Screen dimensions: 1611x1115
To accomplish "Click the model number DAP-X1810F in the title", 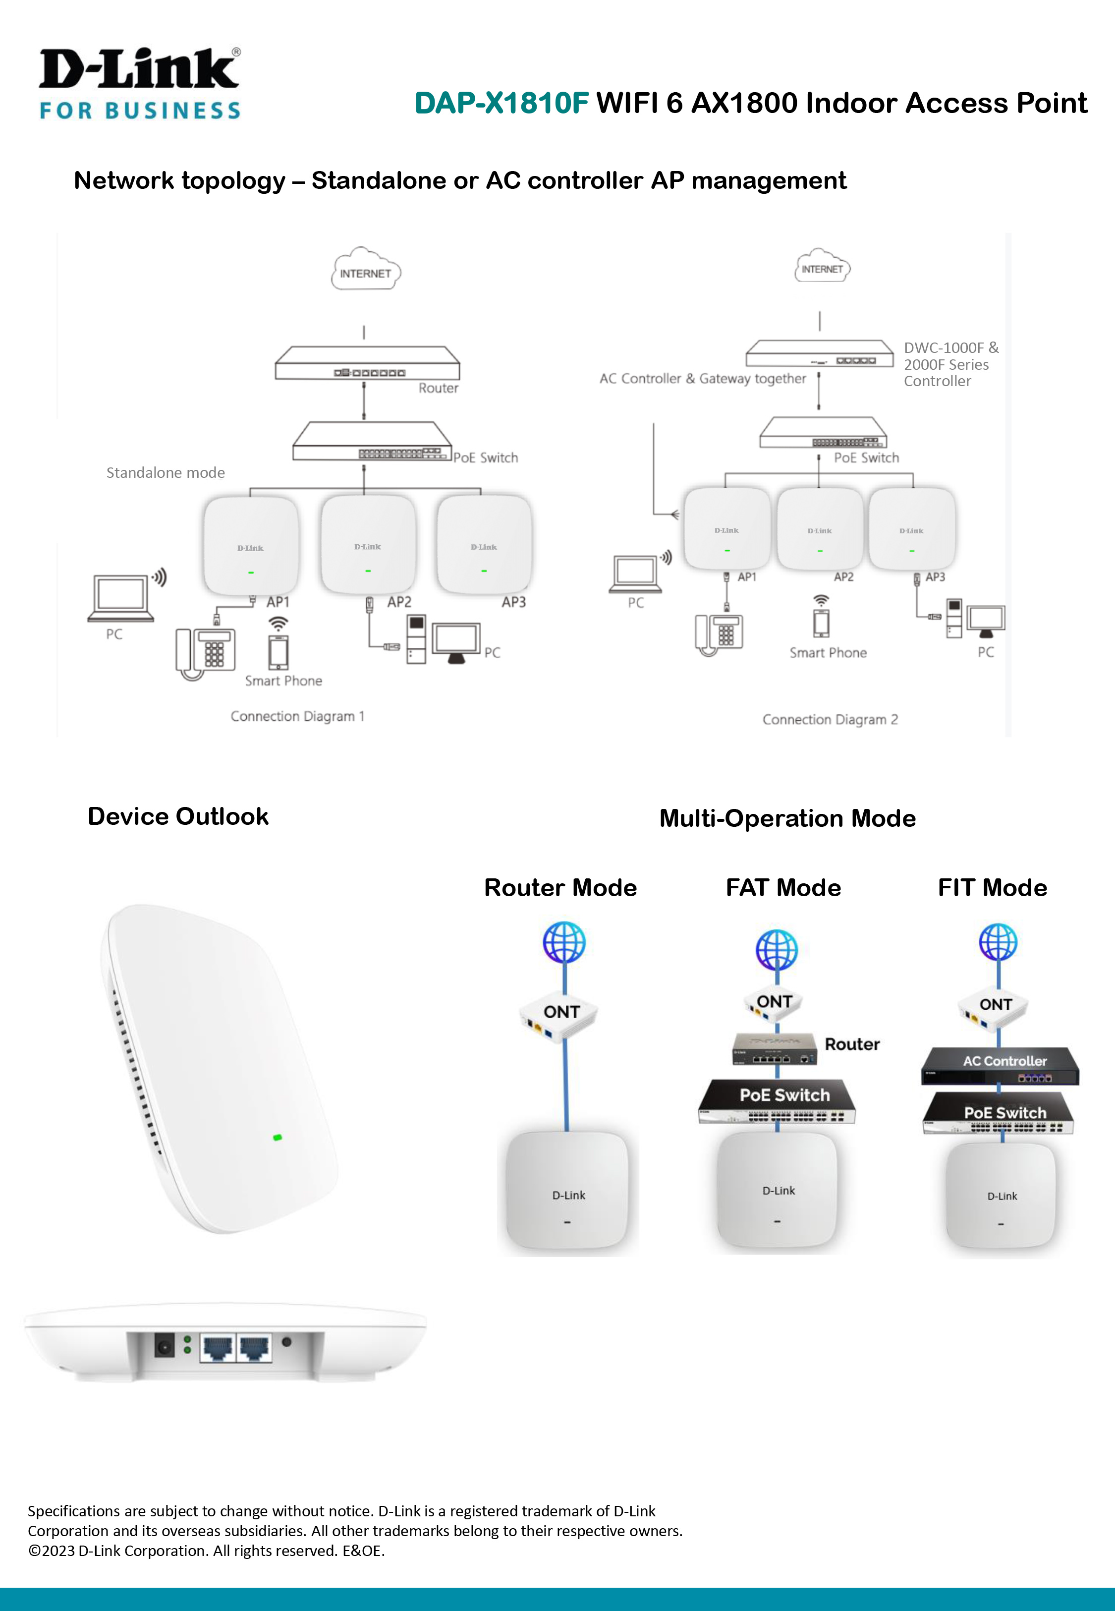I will click(502, 104).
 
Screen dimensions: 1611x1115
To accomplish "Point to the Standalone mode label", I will click(166, 473).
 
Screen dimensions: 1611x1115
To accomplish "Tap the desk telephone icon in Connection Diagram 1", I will click(205, 652).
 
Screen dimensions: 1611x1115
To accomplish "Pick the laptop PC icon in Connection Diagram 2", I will click(635, 574).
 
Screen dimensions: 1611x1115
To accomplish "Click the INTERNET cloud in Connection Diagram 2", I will click(822, 267).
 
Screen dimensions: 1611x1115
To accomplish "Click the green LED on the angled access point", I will click(278, 1137).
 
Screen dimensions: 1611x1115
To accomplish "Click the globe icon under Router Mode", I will click(564, 942).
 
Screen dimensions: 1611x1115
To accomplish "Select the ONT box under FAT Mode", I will click(776, 1004).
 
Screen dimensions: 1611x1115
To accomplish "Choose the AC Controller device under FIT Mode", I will click(1001, 1065).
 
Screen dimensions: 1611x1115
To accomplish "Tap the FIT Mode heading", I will click(992, 888).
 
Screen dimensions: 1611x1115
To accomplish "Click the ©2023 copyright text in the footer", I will click(207, 1551).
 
